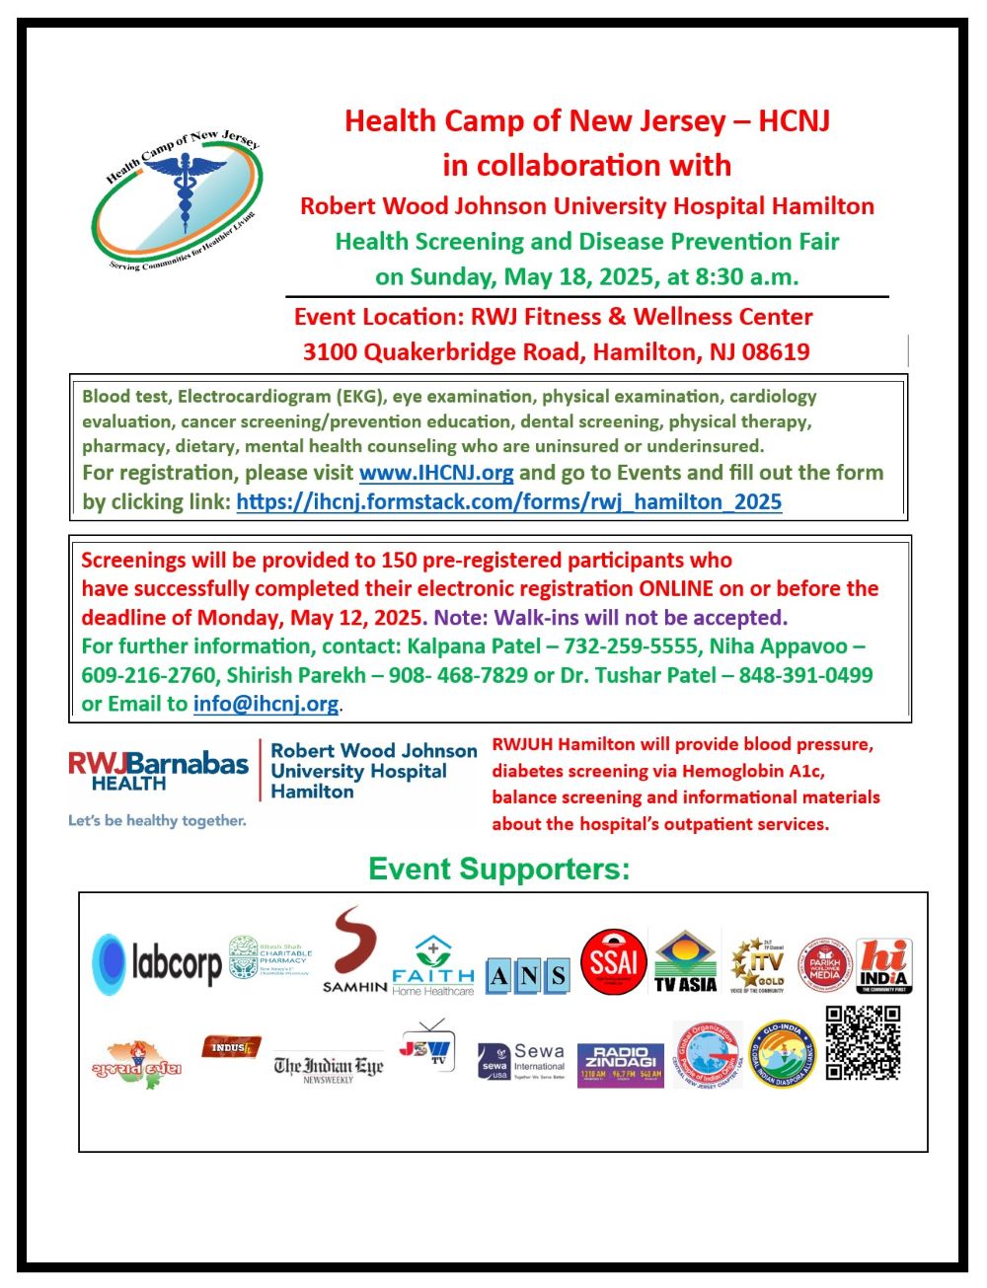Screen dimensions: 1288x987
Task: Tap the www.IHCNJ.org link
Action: (436, 473)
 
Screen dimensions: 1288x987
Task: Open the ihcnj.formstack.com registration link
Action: (509, 501)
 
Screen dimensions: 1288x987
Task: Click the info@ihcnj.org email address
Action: (266, 704)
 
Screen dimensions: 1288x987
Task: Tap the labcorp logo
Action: (157, 963)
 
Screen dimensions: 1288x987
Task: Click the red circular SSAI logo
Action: (614, 960)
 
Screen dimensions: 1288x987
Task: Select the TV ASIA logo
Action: (685, 961)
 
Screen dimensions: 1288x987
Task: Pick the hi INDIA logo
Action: (883, 965)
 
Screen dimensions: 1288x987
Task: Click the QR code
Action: (863, 1043)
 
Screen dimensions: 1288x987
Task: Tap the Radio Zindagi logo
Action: (620, 1065)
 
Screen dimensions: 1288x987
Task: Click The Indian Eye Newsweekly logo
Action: (328, 1067)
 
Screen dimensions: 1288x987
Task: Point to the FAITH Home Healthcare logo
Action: (433, 967)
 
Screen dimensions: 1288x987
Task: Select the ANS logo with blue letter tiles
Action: (528, 976)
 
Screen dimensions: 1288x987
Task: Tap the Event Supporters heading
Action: (498, 869)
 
